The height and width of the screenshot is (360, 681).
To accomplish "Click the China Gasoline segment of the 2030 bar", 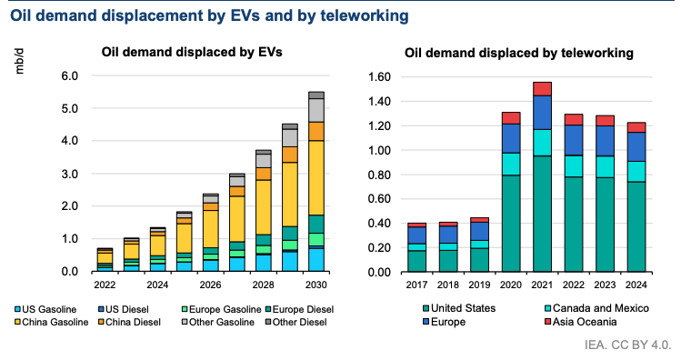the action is (x=316, y=177).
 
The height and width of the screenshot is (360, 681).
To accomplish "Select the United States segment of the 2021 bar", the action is (x=542, y=214).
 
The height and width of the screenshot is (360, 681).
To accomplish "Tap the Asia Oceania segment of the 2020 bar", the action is (x=511, y=118).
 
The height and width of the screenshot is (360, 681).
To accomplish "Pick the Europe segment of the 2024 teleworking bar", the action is (x=636, y=146).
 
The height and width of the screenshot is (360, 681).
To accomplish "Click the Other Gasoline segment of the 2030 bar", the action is (x=316, y=110).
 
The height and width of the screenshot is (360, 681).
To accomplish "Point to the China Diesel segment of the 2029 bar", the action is (x=290, y=155).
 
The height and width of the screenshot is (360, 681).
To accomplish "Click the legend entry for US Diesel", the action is (x=124, y=309).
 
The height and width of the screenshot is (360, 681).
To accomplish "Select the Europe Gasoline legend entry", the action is (x=222, y=309).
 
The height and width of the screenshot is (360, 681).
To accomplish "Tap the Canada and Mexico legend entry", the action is (x=596, y=308).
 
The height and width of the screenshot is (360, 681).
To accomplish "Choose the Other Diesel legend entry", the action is (x=295, y=322).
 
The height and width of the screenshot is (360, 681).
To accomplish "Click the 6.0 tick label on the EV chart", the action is (x=69, y=76).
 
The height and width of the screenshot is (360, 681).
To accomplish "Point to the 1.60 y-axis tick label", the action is (x=379, y=77).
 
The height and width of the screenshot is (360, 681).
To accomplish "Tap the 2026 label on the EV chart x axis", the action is (x=210, y=285).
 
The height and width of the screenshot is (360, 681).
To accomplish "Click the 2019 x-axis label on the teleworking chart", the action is (x=479, y=285).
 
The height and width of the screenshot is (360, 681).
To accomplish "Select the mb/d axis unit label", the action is (x=19, y=61).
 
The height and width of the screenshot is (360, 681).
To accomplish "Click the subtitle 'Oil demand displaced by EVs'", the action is (x=192, y=52).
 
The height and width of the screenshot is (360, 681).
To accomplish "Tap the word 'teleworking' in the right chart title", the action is (x=597, y=53).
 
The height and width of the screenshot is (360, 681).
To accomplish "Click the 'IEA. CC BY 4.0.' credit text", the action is (x=627, y=345).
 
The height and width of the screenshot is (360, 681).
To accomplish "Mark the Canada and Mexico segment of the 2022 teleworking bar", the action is (x=574, y=165).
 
